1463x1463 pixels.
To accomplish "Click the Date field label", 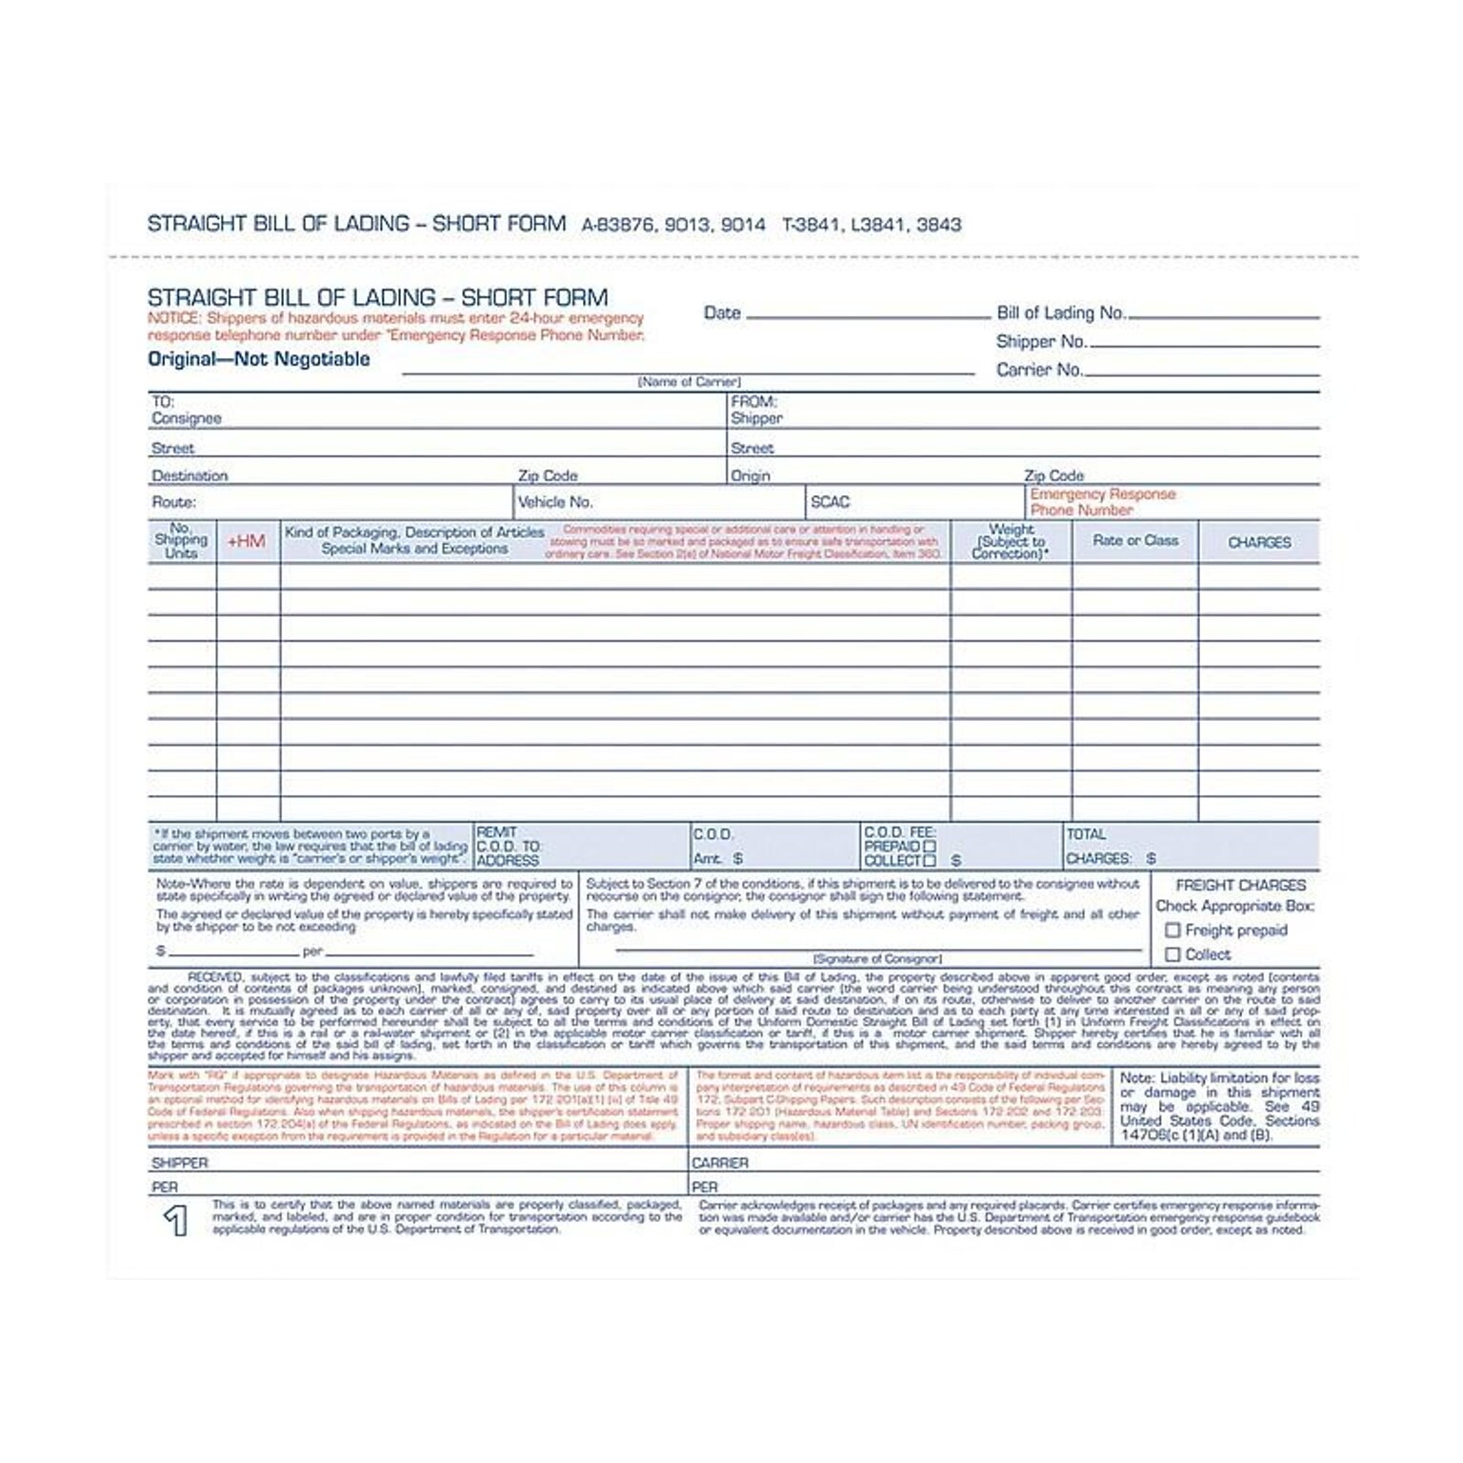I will (x=722, y=313).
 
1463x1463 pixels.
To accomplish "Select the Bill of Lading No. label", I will (x=1061, y=313).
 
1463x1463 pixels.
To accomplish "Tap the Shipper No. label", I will (x=1041, y=342).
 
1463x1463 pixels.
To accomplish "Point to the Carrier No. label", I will (x=1040, y=371).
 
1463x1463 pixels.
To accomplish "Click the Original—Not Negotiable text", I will (x=258, y=360).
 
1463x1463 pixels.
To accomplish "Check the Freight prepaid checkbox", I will (x=1173, y=931).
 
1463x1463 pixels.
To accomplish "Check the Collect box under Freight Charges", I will (x=1173, y=954).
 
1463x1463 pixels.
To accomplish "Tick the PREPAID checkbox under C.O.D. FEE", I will (x=930, y=846).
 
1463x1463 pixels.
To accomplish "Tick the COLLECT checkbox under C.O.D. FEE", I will (x=930, y=861).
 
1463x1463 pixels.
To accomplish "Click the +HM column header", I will (x=246, y=542).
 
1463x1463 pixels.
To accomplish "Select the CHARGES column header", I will (x=1259, y=543).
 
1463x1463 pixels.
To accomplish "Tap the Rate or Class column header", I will (x=1135, y=541).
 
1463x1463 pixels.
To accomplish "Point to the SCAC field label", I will (x=830, y=502).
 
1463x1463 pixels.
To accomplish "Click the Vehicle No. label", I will (x=555, y=502).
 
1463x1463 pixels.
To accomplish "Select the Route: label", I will (x=173, y=502).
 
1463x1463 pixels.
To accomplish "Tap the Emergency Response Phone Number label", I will (x=1102, y=502).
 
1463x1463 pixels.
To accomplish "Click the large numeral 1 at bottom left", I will (x=175, y=1221).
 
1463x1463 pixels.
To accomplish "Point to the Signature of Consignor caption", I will (x=877, y=959).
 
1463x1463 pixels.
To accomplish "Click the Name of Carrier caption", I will (x=689, y=382).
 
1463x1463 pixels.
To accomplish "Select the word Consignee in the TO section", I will (x=187, y=418).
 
